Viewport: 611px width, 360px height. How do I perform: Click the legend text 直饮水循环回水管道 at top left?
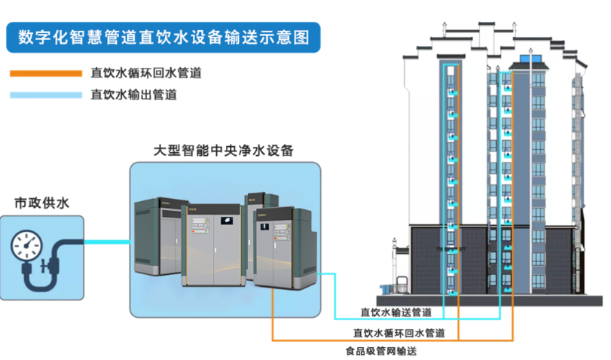[x=145, y=74]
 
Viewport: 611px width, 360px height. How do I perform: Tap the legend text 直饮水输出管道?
[x=134, y=96]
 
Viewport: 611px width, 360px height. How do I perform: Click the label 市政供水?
[x=39, y=202]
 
